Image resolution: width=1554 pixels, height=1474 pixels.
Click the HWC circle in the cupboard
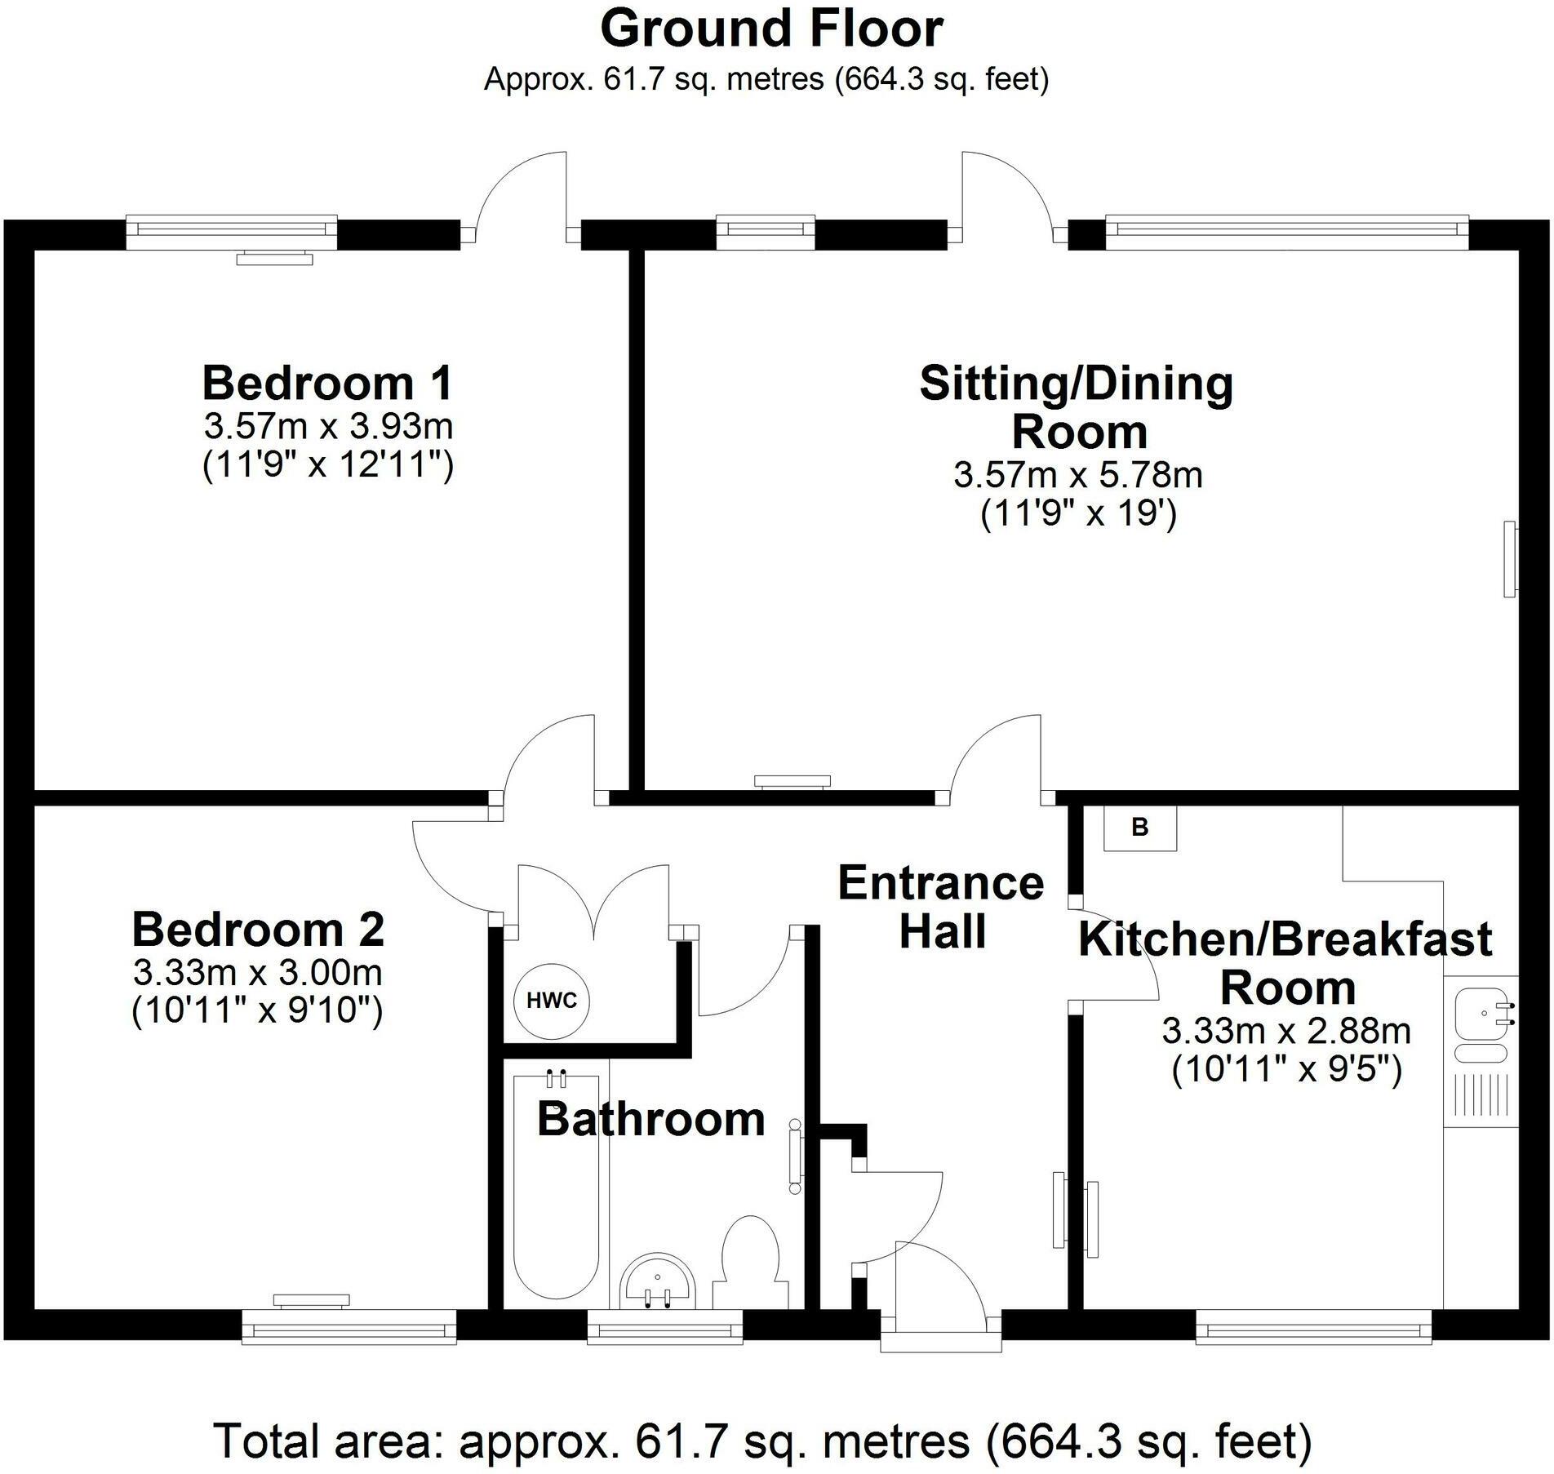tap(552, 1001)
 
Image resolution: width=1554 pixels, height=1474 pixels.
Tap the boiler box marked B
tap(1140, 828)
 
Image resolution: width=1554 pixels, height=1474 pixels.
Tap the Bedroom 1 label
tap(327, 383)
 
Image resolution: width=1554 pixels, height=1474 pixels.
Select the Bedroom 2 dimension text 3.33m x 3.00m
tap(258, 972)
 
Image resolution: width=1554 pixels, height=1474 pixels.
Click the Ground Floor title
tap(772, 29)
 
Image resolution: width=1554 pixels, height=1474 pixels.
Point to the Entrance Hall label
tap(941, 907)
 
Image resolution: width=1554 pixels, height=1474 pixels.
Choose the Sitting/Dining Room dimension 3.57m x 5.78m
tap(1078, 474)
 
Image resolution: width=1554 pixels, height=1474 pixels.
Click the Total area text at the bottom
tap(763, 1441)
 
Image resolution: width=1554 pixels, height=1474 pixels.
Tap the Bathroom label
tap(651, 1119)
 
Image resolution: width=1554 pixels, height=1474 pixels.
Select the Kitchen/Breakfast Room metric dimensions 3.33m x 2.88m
tap(1286, 1031)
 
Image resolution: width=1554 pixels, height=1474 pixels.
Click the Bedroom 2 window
tap(349, 1326)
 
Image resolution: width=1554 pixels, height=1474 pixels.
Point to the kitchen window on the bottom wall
tap(1314, 1326)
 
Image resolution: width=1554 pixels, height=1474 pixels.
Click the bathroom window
tap(665, 1326)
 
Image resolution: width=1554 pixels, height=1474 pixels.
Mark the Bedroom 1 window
tap(232, 233)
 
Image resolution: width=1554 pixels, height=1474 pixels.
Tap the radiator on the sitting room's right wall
tap(1510, 559)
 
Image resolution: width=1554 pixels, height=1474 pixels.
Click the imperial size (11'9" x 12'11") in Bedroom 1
tap(327, 464)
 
